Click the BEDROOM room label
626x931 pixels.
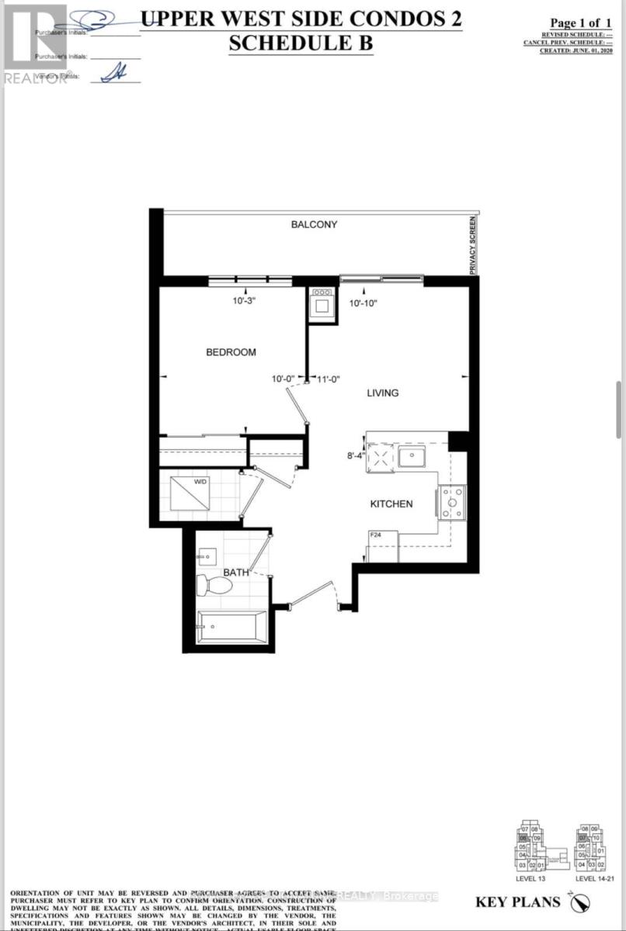coord(231,352)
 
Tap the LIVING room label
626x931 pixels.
coord(383,393)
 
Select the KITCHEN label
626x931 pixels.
coord(391,504)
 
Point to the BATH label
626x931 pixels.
coord(236,573)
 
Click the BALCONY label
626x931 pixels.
coord(314,225)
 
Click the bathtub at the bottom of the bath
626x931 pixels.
coord(231,626)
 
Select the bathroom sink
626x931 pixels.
coord(207,555)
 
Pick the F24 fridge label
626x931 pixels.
coord(375,535)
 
